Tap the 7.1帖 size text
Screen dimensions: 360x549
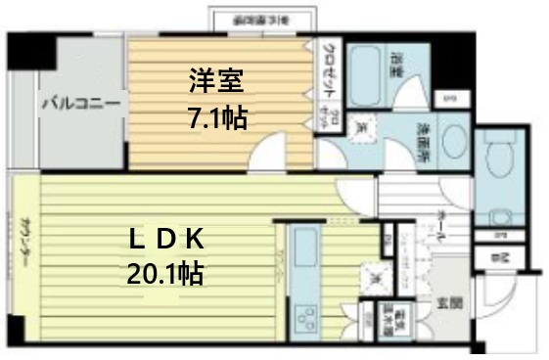217,118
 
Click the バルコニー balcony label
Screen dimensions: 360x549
80,103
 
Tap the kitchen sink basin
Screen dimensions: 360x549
305,246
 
